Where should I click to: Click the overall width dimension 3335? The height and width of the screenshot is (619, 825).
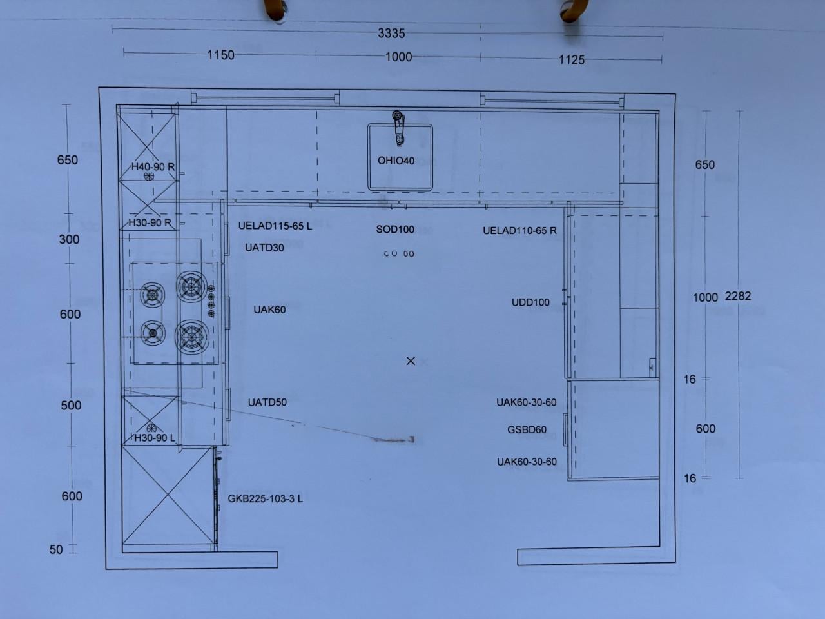(x=391, y=34)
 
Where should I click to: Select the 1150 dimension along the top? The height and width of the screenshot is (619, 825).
(x=220, y=55)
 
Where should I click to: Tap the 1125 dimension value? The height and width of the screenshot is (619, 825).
(x=571, y=60)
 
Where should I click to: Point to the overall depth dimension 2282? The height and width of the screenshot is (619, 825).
(x=738, y=296)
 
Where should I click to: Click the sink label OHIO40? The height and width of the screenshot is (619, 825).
(x=396, y=161)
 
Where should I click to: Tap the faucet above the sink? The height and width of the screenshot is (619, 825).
(x=398, y=128)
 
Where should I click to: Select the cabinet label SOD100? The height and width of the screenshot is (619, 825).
(x=395, y=230)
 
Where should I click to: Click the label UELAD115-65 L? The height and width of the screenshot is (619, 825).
(x=275, y=226)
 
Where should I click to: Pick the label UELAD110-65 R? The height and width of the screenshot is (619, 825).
(x=519, y=230)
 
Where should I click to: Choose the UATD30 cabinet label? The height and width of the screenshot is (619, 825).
(x=264, y=248)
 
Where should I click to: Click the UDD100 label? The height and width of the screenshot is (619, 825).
(x=530, y=302)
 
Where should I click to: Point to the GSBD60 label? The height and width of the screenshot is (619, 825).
(x=527, y=429)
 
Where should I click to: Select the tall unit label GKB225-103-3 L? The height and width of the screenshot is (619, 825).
(x=265, y=498)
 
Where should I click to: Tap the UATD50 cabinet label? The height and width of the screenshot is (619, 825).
(x=267, y=402)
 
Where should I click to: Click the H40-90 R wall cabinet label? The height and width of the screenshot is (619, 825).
(x=153, y=166)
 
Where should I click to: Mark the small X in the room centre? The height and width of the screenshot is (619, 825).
(x=411, y=361)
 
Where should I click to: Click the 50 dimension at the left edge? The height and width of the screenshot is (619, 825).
(x=56, y=549)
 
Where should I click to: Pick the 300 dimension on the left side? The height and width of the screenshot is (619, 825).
(x=69, y=239)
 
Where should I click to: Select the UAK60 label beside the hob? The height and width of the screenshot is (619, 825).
(x=269, y=309)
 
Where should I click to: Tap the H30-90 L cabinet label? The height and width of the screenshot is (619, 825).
(x=155, y=438)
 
